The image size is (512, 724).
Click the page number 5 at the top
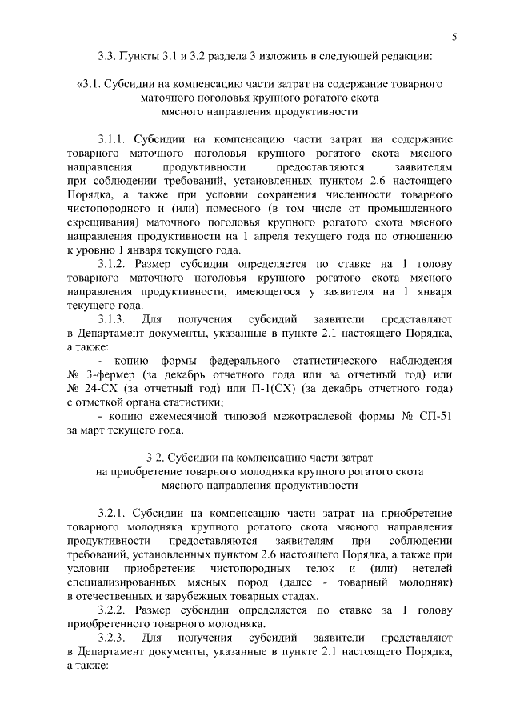tap(454, 36)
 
